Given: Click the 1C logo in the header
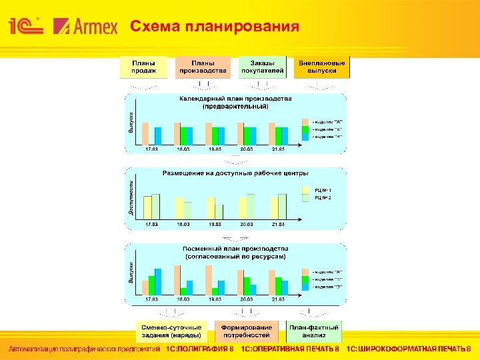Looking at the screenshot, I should point(26,26).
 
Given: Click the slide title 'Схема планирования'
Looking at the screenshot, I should point(214,27).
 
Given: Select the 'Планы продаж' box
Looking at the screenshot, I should point(144,67).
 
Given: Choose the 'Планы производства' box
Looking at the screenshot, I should point(203,67).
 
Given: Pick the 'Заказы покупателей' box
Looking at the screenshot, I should point(262,67).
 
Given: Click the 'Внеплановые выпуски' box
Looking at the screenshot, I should point(322,67).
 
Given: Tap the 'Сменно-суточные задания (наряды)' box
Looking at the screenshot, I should point(171,331).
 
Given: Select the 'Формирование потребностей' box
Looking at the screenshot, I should point(247,331).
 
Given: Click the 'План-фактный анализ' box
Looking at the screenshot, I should point(313,331).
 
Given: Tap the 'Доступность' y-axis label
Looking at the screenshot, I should point(131,197).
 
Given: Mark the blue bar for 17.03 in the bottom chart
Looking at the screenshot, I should point(158,281).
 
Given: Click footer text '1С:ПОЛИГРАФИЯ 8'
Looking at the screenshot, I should point(199,349).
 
